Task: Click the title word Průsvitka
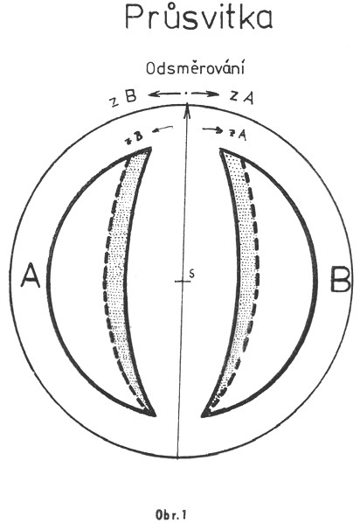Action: pos(198,17)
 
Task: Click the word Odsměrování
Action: pos(196,68)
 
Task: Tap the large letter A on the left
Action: pos(31,275)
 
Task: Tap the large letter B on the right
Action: pos(340,279)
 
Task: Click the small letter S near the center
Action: pos(191,274)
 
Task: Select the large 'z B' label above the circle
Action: pos(124,97)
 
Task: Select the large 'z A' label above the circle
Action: pos(242,97)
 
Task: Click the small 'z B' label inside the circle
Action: pos(134,137)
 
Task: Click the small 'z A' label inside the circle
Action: pos(238,134)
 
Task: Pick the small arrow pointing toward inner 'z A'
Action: pos(212,130)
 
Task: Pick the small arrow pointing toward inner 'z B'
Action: pos(163,129)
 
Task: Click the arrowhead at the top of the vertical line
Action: pos(188,108)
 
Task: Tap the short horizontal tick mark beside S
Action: pos(183,282)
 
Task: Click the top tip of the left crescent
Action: pos(151,148)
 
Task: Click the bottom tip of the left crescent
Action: pos(155,416)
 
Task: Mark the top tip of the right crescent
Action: pos(220,149)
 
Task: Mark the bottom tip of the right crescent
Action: pos(202,416)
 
